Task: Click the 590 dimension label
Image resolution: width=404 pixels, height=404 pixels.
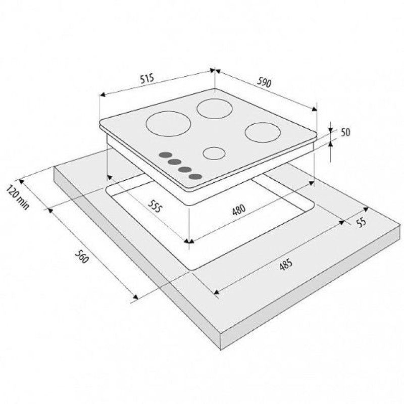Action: pos(264,82)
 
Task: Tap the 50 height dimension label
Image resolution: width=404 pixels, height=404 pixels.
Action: pos(345,132)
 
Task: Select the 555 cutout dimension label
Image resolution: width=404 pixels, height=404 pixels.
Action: pos(156,206)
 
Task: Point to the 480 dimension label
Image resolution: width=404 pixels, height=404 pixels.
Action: pos(239,210)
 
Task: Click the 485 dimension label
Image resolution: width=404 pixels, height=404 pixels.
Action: pos(286,264)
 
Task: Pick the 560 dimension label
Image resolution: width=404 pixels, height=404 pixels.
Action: pos(82,257)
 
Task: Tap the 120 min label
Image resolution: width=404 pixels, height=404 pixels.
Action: pos(18,196)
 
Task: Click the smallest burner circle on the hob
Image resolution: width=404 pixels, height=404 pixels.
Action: pos(214,154)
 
